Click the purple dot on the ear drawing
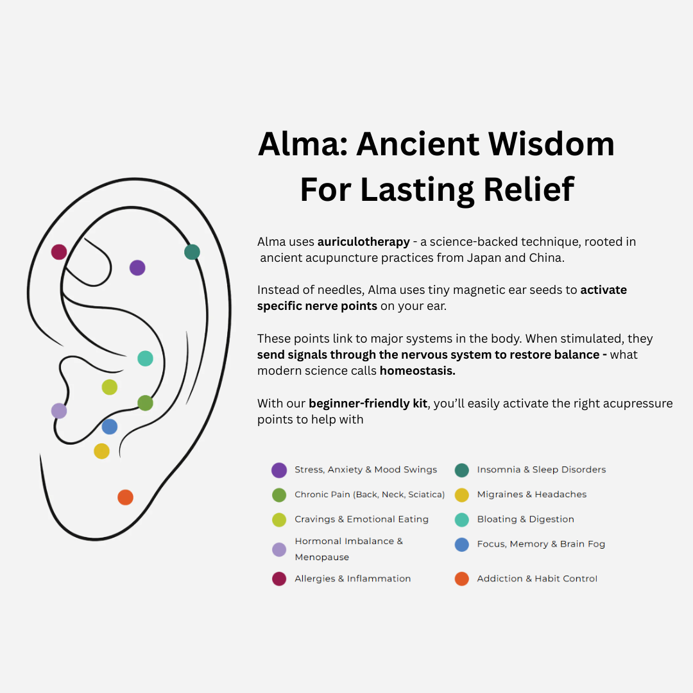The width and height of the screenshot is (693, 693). (137, 268)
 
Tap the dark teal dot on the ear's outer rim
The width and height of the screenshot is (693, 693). (192, 252)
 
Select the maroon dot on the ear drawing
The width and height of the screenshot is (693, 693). (59, 252)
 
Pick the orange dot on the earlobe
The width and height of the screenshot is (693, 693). (125, 497)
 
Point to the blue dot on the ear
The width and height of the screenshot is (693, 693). (110, 427)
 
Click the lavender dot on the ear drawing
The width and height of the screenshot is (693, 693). (59, 411)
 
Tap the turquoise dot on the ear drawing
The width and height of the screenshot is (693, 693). (145, 359)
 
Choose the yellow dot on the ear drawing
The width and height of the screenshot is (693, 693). (101, 451)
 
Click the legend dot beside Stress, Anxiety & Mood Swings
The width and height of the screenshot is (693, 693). (279, 470)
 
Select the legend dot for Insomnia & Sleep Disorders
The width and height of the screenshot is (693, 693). (461, 470)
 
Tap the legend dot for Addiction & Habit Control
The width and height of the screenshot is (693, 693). (461, 579)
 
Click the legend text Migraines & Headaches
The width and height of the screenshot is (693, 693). (531, 495)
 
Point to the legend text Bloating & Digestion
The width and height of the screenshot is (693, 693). (525, 519)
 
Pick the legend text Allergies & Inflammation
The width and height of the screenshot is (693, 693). (352, 579)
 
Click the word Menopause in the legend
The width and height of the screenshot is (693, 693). (321, 557)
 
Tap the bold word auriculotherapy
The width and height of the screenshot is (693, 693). (363, 242)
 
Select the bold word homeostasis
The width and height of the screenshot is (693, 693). (417, 371)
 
